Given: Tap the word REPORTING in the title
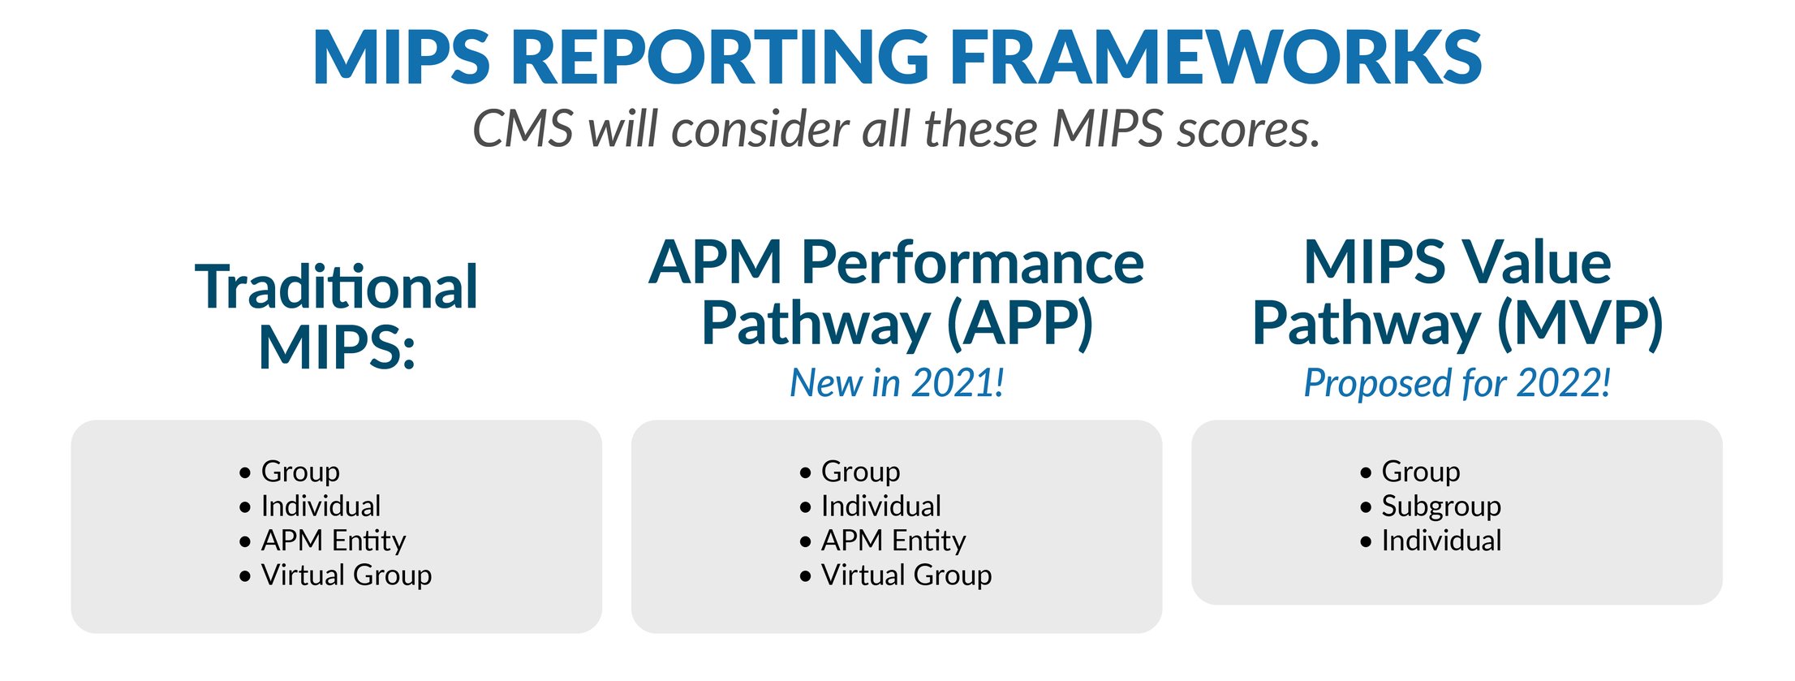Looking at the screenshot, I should pos(719,58).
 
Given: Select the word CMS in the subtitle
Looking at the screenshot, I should pos(523,130).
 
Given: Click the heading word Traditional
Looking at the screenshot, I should pos(336,287).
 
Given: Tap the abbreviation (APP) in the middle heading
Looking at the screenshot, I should pos(1020,323).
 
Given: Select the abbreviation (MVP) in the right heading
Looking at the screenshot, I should pos(1579,323).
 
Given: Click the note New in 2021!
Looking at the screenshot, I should pos(897,383).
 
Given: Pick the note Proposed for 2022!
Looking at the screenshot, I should pos(1457,383).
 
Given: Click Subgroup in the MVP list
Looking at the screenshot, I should pos(1440,506).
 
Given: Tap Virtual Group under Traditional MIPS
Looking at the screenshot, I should pos(346,575).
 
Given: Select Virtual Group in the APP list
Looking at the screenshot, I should pos(906,575).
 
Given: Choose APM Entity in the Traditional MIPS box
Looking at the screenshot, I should pos(333,541).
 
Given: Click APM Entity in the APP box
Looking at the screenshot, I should pos(893,541).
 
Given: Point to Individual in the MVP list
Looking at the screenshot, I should pos(1440,541).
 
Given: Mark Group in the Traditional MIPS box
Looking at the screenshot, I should pos(300,472).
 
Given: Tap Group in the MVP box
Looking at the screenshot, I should pos(1420,472).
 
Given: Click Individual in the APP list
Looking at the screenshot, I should pos(880,506).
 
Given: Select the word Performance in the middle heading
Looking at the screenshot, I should pos(972,263).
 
